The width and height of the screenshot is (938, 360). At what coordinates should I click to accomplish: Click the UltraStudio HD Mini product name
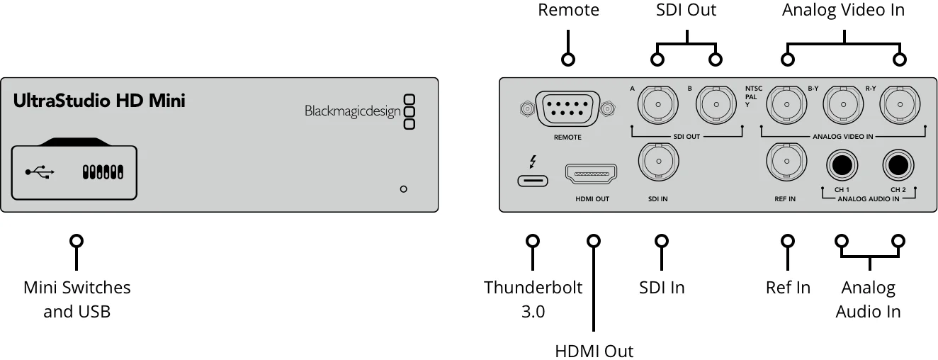point(99,101)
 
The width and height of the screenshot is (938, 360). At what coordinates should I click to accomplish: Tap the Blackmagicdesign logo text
point(352,111)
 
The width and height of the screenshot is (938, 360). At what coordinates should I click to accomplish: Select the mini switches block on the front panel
point(103,172)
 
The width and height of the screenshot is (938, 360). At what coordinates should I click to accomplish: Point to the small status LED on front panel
point(403,189)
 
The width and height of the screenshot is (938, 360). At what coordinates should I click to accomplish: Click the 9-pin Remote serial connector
point(567,109)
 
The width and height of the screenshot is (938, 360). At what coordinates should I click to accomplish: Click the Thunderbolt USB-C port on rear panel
point(533,180)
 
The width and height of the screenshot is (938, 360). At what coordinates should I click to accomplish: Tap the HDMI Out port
point(592,173)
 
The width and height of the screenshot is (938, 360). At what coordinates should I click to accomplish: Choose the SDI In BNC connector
point(659,162)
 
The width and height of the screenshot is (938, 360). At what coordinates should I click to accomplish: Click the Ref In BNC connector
point(786,162)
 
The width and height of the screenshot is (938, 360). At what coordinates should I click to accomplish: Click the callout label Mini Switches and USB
point(77,299)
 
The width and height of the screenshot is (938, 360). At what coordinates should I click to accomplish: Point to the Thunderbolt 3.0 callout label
point(533,299)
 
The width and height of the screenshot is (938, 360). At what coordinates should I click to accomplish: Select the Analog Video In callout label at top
point(843,11)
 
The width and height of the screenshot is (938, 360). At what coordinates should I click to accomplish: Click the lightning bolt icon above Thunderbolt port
point(533,162)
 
